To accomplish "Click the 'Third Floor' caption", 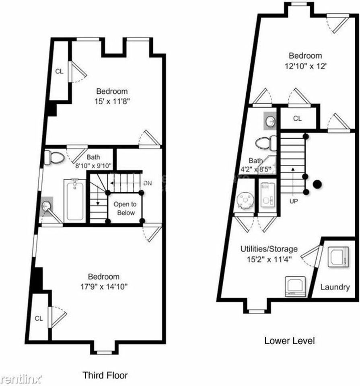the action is tap(105, 375).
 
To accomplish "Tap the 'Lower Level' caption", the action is tap(290, 341).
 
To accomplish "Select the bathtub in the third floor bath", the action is tap(74, 201).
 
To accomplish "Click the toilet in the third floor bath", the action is tap(54, 157).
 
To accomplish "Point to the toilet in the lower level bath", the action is tap(266, 143).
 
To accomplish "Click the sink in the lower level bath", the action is tap(270, 121).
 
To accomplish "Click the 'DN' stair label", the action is tap(148, 183).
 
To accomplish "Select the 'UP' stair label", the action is tap(294, 201).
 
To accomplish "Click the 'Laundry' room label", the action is tap(335, 287).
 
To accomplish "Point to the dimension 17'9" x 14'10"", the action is tap(104, 287).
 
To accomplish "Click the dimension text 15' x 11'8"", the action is tap(112, 101).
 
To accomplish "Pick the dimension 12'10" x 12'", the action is tap(305, 66).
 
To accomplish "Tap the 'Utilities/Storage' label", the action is tap(269, 249).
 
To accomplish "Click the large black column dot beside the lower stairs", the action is tap(317, 184).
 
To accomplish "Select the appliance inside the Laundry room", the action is tap(338, 257).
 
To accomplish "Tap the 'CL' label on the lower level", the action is tap(297, 119).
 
